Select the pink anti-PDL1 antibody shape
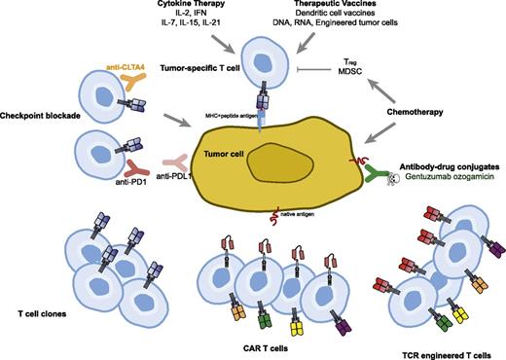(x=178, y=139)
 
